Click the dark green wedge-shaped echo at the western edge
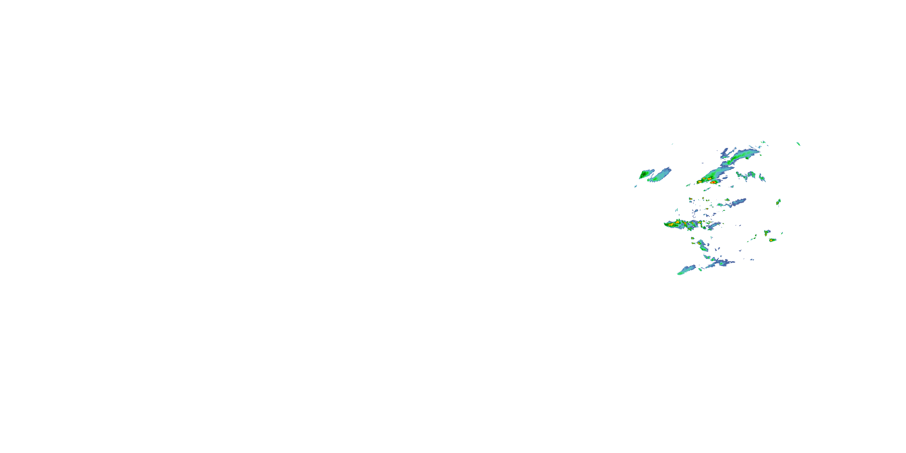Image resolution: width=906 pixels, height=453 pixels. (644, 175)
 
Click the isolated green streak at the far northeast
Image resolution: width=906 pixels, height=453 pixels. (798, 143)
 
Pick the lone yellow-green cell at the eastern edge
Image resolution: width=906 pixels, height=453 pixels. (779, 202)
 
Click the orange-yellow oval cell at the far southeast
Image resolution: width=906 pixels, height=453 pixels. (772, 240)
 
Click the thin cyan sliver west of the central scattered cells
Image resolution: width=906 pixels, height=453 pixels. (676, 210)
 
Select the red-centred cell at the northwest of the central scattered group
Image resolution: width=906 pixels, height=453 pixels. (691, 199)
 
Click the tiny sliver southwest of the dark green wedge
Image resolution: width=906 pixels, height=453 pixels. (636, 186)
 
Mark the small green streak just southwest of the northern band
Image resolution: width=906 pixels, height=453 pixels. (688, 185)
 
